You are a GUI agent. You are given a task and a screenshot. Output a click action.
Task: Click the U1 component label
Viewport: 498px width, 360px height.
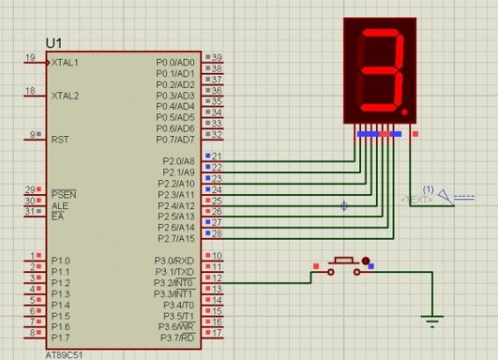[x=54, y=42]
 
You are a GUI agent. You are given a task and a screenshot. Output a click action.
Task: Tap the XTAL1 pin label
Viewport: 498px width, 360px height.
[x=64, y=62]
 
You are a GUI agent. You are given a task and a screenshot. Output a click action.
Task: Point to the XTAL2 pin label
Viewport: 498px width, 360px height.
[x=64, y=95]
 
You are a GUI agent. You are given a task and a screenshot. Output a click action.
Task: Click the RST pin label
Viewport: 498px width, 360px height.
[x=60, y=139]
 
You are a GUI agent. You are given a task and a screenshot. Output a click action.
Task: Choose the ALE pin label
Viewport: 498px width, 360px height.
[x=59, y=205]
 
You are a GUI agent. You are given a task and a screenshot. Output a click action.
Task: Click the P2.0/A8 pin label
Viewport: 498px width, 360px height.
[x=178, y=161]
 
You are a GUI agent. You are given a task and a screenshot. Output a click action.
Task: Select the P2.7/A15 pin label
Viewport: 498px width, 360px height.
[x=177, y=238]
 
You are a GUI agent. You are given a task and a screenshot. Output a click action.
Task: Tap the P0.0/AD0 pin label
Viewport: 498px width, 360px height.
[x=175, y=62]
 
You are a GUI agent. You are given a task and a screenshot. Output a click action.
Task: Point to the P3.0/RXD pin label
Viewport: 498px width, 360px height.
[x=175, y=260]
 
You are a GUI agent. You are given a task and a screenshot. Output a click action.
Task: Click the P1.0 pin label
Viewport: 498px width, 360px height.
[x=60, y=261]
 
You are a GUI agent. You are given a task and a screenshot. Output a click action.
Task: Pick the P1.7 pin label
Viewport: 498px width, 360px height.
[x=60, y=337]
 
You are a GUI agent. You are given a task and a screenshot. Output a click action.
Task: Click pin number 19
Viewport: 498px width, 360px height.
[x=31, y=58]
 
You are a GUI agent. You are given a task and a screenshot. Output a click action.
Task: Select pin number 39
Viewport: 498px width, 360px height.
[x=216, y=58]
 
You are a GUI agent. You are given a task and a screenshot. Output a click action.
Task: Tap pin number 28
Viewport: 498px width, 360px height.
[x=216, y=234]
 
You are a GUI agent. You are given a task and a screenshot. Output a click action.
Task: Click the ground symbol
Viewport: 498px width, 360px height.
[x=431, y=320]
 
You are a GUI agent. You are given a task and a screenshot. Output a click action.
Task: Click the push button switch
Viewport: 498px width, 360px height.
[x=343, y=263]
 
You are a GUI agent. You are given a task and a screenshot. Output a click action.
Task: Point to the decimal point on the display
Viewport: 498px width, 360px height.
[x=404, y=113]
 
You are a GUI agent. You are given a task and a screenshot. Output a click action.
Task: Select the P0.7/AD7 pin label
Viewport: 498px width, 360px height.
[x=175, y=139]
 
